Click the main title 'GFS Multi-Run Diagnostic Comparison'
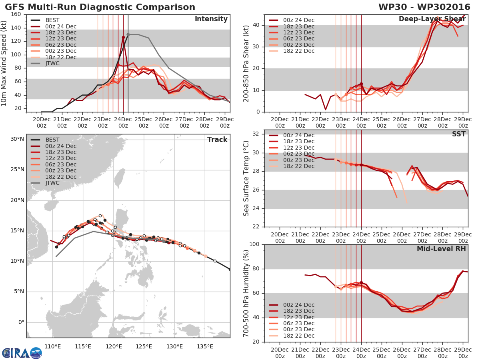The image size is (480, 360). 100,7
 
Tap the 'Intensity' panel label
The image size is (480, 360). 211,19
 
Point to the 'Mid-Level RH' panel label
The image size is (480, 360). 441,249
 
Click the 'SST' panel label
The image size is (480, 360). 458,134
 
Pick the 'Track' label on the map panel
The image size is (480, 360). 217,140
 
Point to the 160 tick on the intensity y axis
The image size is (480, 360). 16,14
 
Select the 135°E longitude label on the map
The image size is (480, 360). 205,346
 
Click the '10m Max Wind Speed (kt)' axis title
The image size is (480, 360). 4,61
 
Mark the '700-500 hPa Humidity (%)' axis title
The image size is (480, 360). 246,293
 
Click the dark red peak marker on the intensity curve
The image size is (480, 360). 123,37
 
